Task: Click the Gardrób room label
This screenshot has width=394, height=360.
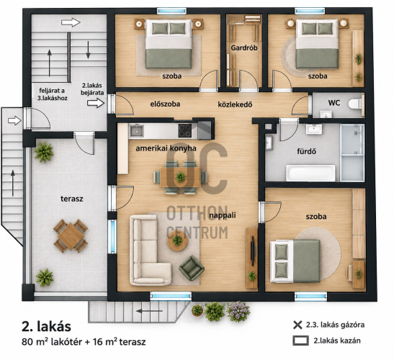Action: pos(244,48)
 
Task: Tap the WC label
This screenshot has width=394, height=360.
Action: pos(334,103)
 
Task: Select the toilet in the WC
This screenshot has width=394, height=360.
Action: pos(356,104)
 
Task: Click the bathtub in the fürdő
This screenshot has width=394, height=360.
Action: pos(310,173)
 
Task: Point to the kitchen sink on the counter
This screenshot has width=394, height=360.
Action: pos(136,130)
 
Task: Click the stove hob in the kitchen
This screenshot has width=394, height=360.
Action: pos(185,130)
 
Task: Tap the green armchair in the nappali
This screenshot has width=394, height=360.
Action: pos(192,268)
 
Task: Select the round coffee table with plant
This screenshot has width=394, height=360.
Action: pos(177,240)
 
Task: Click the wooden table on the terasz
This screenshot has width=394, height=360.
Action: pos(71,236)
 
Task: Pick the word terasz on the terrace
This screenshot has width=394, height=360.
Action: pos(71,199)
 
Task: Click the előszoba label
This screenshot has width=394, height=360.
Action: pos(165,104)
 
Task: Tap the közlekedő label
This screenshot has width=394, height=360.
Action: pos(235,104)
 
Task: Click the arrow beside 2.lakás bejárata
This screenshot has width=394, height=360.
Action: pos(96,103)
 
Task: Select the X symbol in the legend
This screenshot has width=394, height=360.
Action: pos(297,325)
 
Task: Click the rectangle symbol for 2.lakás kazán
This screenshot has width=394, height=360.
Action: pos(300,341)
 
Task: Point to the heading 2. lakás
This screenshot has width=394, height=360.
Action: pos(46,327)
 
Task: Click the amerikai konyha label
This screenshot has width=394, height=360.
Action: pos(166,148)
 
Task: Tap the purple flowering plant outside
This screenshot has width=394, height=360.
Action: pos(238,311)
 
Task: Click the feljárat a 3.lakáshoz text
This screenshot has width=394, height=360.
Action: pos(53,94)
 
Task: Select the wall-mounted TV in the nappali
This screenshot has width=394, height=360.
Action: pos(254,252)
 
